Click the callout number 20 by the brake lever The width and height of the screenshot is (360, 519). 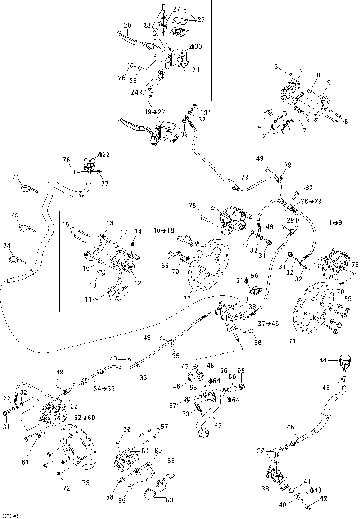(127, 26)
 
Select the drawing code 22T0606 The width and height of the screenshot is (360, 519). (9, 516)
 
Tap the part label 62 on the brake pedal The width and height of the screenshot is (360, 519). (218, 426)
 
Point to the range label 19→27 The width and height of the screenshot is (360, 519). (154, 112)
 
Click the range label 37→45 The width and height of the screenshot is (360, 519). (269, 324)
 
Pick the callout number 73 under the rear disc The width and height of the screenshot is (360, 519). (86, 483)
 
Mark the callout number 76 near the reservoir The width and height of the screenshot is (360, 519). (67, 160)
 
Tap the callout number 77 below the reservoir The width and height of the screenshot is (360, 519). (105, 184)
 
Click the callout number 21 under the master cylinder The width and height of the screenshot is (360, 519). (196, 70)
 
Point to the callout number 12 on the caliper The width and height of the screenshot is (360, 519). (138, 283)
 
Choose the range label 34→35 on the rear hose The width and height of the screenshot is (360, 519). (104, 389)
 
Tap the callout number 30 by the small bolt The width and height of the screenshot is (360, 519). (309, 187)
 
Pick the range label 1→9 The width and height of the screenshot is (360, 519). (336, 223)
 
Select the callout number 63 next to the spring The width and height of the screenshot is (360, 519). (186, 414)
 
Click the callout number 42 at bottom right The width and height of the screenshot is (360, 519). (323, 498)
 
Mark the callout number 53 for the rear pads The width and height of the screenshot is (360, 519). (170, 500)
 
